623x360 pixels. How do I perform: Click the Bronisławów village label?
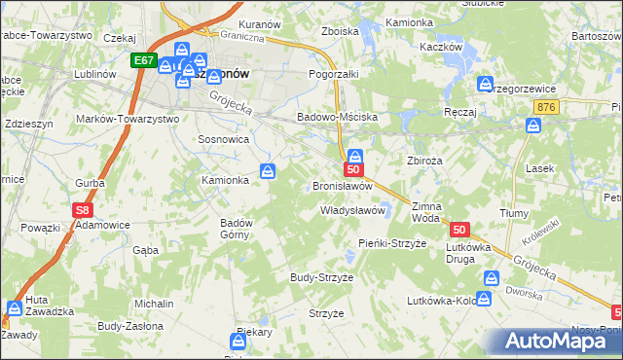point(343,186)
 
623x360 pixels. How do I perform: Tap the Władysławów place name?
point(354,210)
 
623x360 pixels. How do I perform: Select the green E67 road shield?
point(144,60)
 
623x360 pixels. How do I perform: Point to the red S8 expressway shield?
point(84,209)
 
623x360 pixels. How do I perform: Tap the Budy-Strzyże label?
point(321,277)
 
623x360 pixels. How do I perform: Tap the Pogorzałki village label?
point(334,74)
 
